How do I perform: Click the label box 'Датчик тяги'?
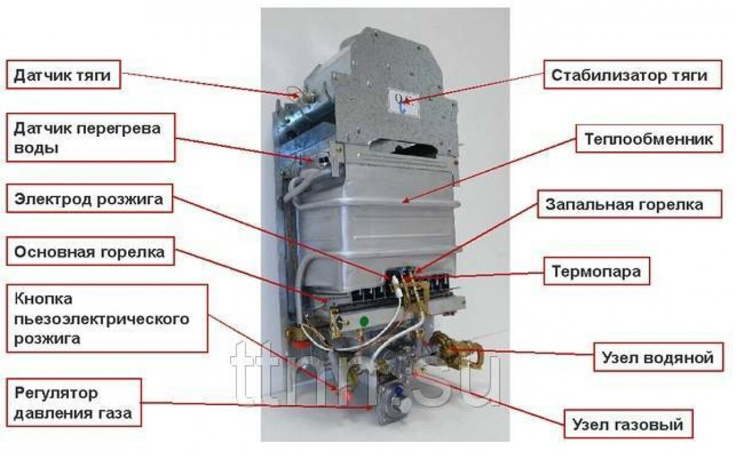point(63,75)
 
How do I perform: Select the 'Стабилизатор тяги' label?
point(629,75)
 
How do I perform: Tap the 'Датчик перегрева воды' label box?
point(91,137)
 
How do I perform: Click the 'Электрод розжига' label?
point(89,200)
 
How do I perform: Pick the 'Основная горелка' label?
point(90,253)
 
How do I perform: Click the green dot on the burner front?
point(364,320)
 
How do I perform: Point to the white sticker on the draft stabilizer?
point(402,100)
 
